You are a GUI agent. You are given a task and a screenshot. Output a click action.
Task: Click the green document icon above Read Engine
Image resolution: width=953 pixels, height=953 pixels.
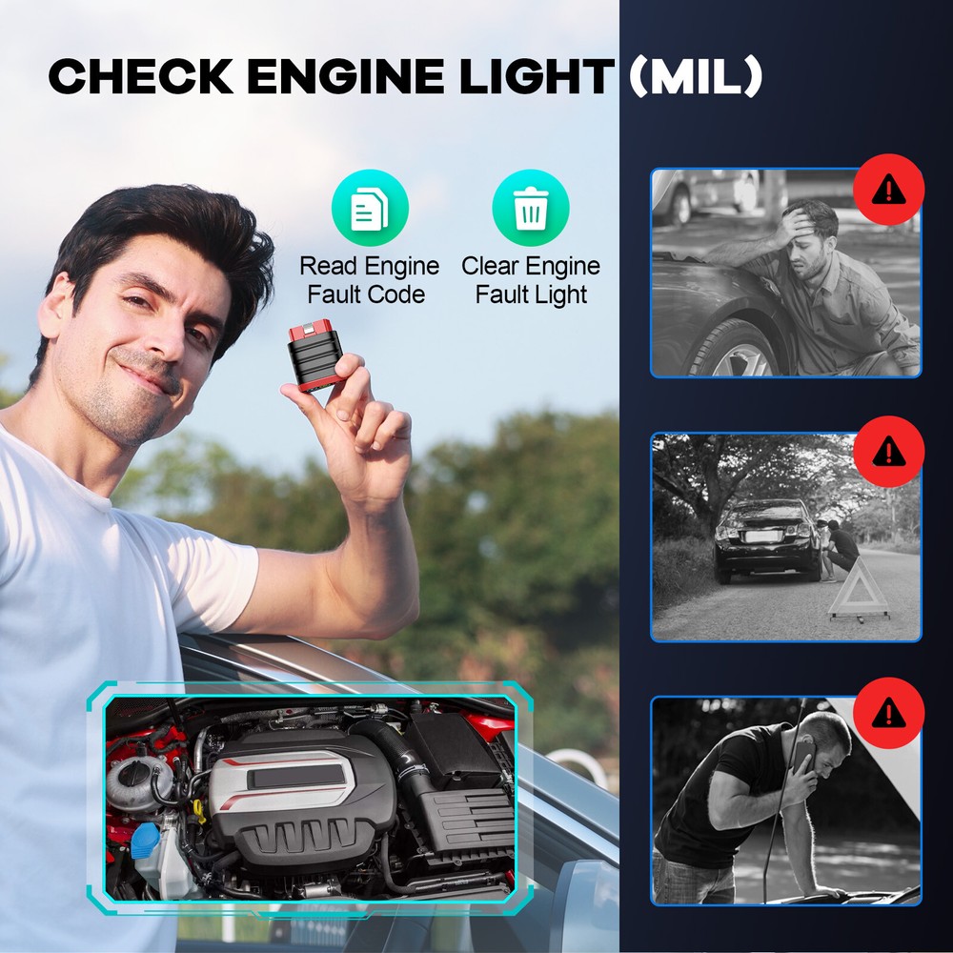point(370,209)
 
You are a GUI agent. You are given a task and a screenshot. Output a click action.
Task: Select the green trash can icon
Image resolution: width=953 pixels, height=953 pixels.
point(531,209)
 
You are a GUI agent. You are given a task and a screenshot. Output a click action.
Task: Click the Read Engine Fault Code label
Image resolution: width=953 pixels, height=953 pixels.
point(370,280)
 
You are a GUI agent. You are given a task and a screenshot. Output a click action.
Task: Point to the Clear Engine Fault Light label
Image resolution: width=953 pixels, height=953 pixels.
point(531,280)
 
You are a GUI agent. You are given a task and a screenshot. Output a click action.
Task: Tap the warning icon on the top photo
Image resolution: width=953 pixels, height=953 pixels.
point(888,190)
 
